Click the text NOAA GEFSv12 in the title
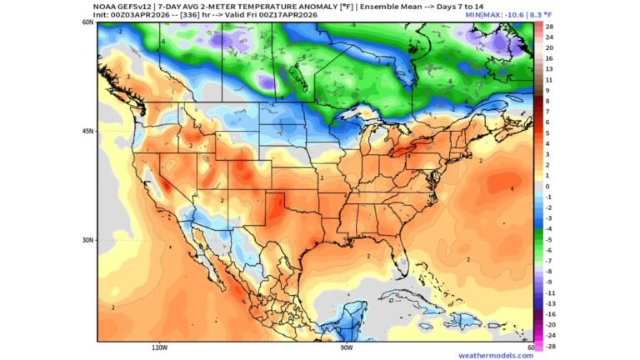tap(125, 6)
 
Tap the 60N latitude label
tap(87, 22)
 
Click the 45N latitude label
tap(87, 131)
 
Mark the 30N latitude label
tap(87, 240)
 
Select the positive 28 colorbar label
tap(550, 27)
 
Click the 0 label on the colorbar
tap(547, 186)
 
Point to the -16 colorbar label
tap(551, 314)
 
